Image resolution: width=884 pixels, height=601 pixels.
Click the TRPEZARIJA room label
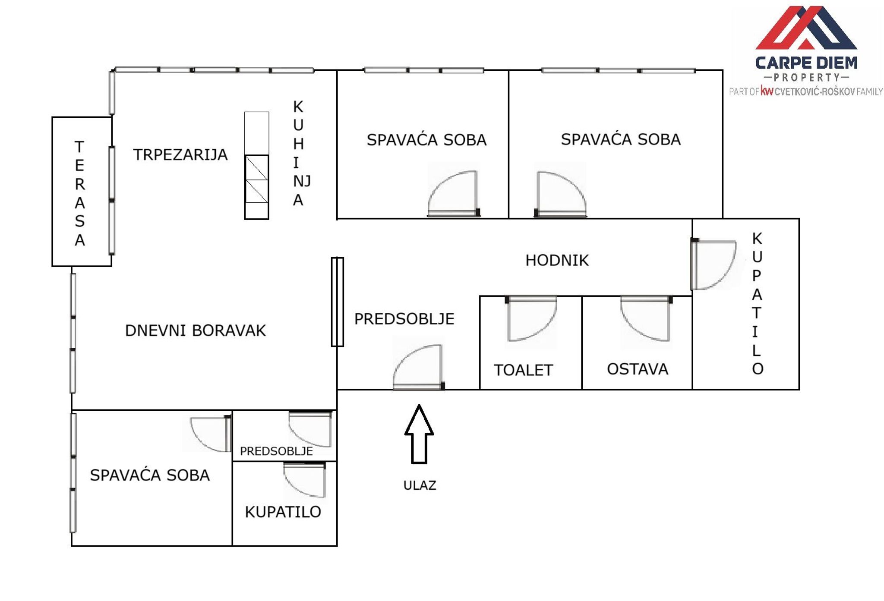(x=180, y=154)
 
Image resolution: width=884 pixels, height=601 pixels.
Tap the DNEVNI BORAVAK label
(x=195, y=330)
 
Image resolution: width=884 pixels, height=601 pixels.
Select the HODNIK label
(x=557, y=260)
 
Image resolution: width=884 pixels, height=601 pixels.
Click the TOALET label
(x=523, y=370)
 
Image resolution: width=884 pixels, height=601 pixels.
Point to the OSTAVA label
(x=637, y=369)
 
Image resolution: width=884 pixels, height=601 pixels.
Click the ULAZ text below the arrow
(x=420, y=485)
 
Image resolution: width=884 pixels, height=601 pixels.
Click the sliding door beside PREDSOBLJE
(x=338, y=302)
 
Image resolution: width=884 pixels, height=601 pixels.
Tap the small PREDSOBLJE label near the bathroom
(x=276, y=451)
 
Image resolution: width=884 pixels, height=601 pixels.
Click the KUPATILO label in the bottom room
(x=283, y=512)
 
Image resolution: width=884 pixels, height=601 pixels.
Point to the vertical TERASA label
(x=79, y=193)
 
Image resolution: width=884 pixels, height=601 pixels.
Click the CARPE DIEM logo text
(x=806, y=63)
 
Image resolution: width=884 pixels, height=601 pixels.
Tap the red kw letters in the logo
(x=767, y=91)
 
